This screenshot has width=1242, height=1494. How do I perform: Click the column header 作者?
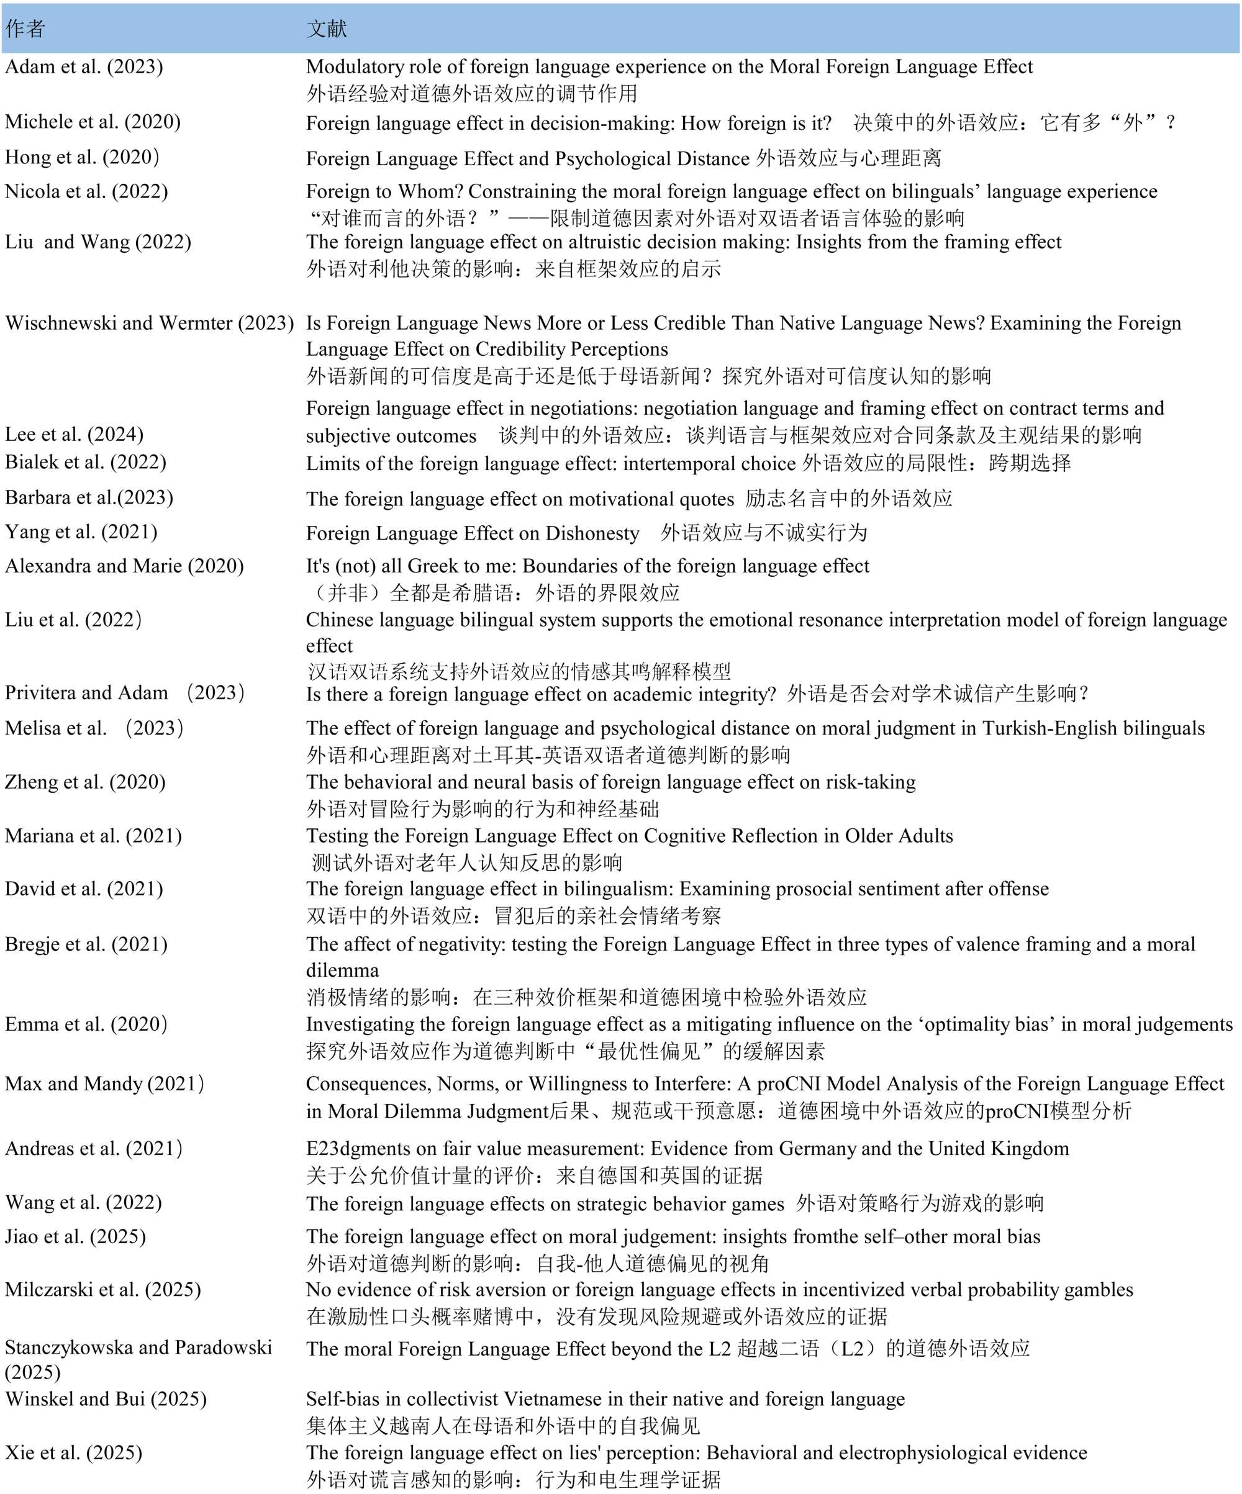click(x=25, y=29)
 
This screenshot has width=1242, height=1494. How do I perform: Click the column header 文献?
click(x=327, y=29)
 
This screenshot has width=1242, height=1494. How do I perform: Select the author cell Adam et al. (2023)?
click(x=84, y=66)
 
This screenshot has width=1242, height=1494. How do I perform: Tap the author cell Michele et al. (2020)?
click(x=93, y=122)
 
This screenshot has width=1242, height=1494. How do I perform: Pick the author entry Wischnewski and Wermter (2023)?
click(x=150, y=323)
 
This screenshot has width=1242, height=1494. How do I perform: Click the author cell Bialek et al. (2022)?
click(x=85, y=463)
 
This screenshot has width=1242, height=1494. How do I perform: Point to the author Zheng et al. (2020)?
click(x=85, y=782)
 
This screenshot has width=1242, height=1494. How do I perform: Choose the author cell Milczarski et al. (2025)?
click(x=103, y=1289)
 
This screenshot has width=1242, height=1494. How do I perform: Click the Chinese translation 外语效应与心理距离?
click(x=849, y=158)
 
